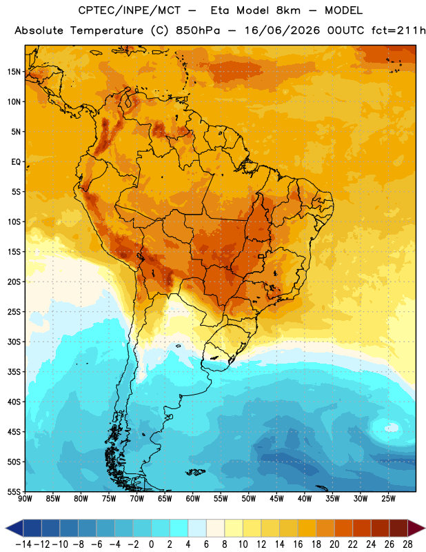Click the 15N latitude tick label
tap(14, 72)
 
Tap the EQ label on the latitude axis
tap(16, 162)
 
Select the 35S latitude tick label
tap(14, 372)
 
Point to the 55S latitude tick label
tap(14, 491)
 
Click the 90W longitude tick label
tap(25, 499)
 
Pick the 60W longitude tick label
tap(193, 499)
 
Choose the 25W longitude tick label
tap(388, 499)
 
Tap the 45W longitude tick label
tap(276, 499)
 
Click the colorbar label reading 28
tap(407, 544)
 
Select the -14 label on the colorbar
tap(23, 544)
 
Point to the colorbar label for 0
tap(151, 544)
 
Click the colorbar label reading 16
tap(298, 544)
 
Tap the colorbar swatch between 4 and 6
tap(197, 528)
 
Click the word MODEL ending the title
tap(343, 10)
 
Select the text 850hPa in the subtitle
tap(198, 30)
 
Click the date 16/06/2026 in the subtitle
tap(282, 30)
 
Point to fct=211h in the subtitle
tap(398, 30)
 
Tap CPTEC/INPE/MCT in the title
tap(129, 10)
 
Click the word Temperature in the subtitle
tap(106, 30)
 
